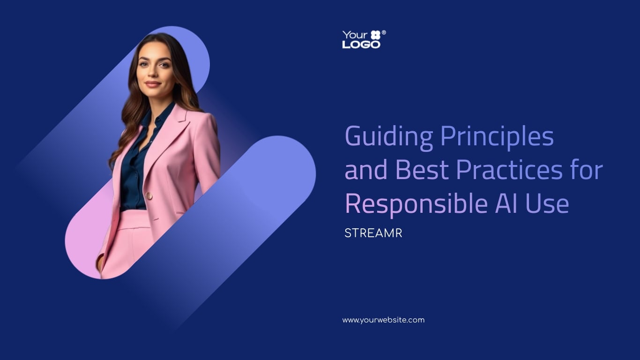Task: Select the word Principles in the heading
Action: point(498,136)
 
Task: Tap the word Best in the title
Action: point(422,170)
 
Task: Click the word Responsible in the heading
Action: point(417,203)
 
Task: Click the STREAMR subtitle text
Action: point(373,233)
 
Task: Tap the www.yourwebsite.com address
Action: point(383,320)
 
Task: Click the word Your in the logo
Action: point(355,35)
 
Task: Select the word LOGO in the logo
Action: point(361,45)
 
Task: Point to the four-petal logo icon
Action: point(375,35)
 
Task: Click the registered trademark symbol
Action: point(384,33)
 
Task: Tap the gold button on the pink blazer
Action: point(149,196)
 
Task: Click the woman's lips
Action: point(153,84)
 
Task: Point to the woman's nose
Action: point(153,73)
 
